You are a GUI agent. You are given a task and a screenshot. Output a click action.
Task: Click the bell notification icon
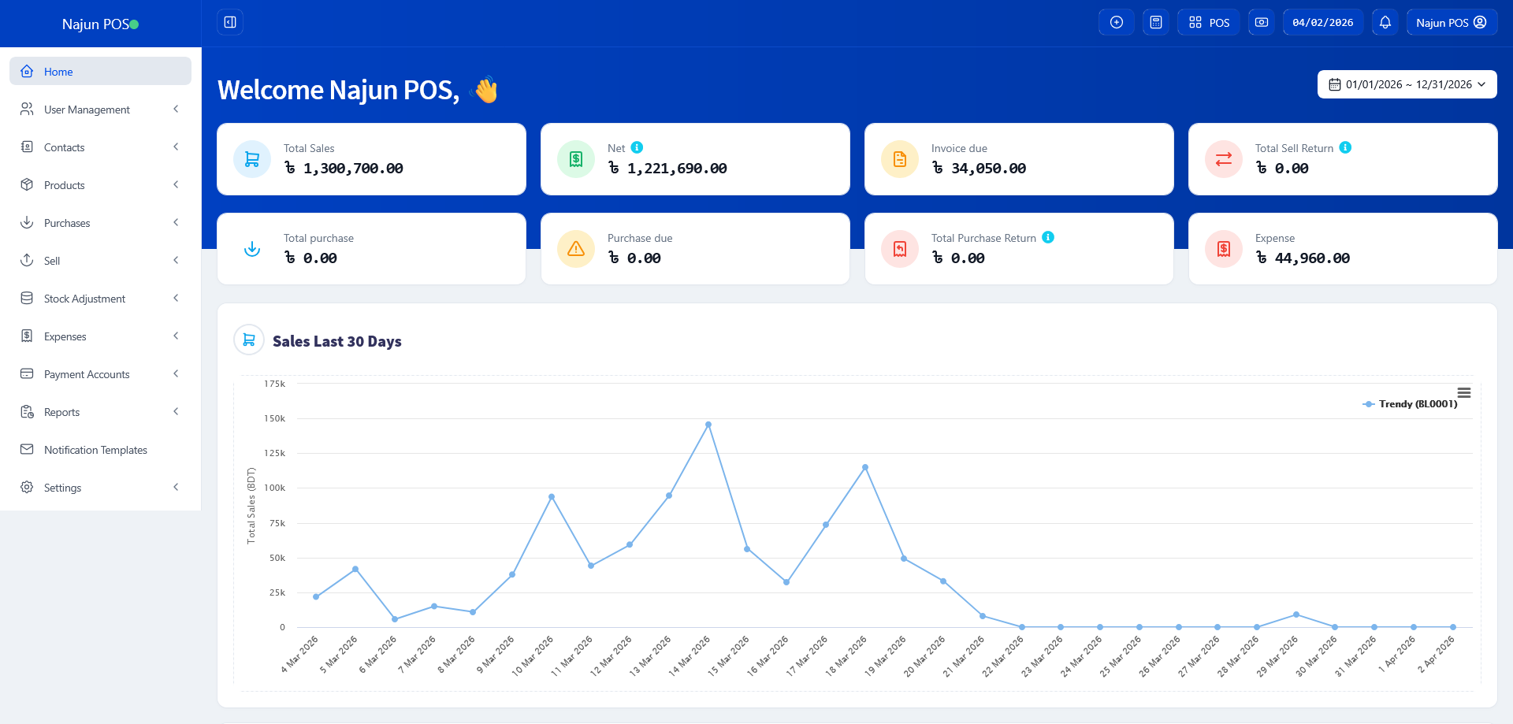click(1385, 22)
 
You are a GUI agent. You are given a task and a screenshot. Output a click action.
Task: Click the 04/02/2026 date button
click(1323, 22)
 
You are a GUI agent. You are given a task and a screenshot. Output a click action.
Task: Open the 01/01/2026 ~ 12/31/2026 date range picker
click(1407, 84)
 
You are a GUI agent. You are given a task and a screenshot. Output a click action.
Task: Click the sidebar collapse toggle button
click(230, 22)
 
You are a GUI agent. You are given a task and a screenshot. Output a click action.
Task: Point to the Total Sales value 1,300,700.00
click(353, 168)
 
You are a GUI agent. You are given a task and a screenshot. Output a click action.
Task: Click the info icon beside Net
click(637, 147)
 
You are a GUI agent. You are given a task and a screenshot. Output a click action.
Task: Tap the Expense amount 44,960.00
click(1312, 258)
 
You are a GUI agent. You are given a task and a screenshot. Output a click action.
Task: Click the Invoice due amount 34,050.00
click(988, 168)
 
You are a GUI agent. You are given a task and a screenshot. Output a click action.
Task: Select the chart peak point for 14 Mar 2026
click(708, 425)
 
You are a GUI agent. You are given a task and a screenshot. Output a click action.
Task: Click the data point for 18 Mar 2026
click(865, 467)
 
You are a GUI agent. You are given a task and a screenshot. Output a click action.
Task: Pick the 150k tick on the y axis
click(275, 418)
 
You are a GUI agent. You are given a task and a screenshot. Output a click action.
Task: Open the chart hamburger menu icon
click(1464, 392)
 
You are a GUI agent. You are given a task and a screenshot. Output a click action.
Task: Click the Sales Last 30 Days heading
click(337, 341)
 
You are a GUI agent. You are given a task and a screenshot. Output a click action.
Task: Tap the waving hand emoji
click(485, 90)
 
